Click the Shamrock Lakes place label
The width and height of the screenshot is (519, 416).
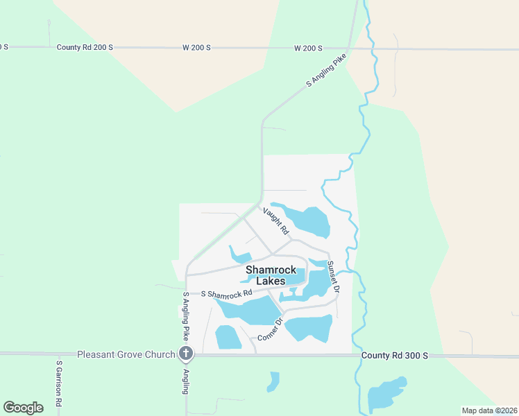[270, 275]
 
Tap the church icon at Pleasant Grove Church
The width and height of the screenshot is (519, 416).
[185, 354]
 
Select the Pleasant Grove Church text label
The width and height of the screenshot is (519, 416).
[126, 354]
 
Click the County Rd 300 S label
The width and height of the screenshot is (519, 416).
[395, 355]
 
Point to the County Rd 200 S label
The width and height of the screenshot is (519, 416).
[85, 47]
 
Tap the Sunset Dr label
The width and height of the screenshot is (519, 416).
[332, 277]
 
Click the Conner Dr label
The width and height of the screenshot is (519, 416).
[271, 330]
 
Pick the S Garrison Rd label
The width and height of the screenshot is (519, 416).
[60, 383]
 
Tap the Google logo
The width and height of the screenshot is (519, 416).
[23, 408]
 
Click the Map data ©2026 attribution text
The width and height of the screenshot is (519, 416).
[489, 410]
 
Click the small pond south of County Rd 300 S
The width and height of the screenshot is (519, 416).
[273, 381]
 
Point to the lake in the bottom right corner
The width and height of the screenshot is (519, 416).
[386, 395]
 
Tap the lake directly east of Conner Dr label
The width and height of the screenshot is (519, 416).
[309, 327]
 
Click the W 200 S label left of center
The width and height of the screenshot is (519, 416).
[196, 47]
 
